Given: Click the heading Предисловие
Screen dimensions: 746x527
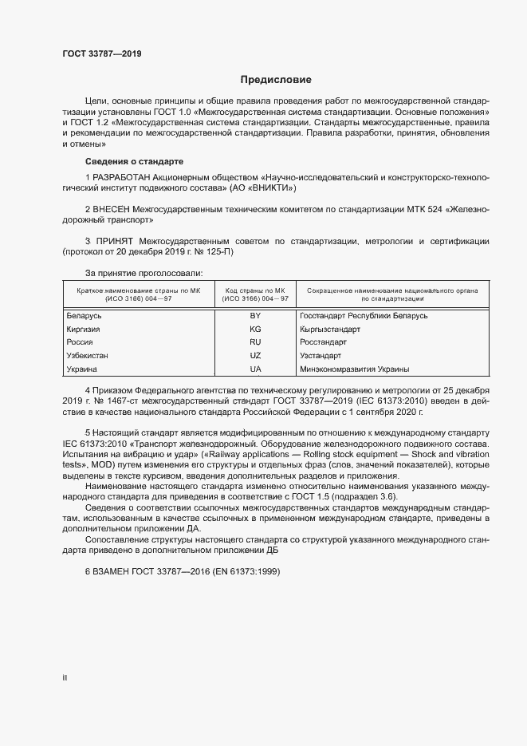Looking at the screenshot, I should [276, 80].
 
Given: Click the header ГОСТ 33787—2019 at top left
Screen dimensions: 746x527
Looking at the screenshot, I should [103, 54].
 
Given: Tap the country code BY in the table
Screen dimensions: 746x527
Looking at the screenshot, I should [256, 315].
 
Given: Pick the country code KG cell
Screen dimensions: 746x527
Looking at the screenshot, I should [256, 329].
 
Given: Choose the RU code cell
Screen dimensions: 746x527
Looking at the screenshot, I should [256, 342].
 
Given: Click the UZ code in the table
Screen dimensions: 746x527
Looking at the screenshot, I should [256, 356].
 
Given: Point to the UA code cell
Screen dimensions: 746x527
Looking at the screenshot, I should [256, 369].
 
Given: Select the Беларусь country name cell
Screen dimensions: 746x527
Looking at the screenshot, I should [85, 315].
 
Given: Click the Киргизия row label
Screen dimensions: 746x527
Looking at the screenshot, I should [84, 329].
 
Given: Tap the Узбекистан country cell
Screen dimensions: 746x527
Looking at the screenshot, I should [88, 356].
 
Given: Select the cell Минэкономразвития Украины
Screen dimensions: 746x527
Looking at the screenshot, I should [355, 369].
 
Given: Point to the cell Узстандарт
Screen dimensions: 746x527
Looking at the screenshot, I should [321, 356].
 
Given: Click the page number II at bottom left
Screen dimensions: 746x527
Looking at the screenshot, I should [65, 677].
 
